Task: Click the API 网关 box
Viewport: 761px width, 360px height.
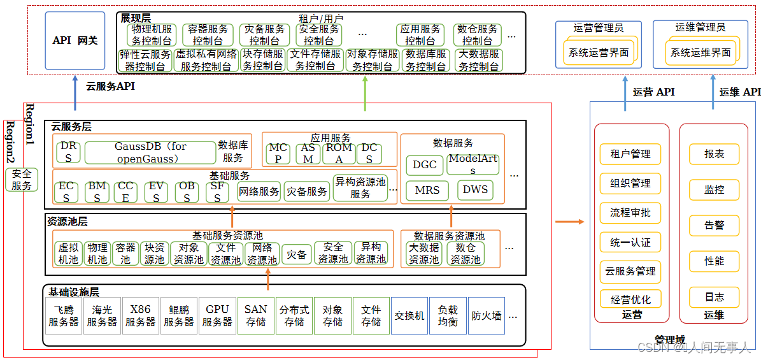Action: click(x=75, y=41)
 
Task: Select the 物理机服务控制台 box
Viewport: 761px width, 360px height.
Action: click(x=151, y=35)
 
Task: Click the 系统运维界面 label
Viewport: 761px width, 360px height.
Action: click(x=701, y=53)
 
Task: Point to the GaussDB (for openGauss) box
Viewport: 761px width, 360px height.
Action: click(x=150, y=152)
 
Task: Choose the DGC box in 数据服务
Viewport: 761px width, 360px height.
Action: click(x=425, y=164)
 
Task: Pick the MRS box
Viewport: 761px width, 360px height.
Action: click(x=427, y=191)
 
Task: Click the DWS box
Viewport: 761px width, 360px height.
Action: click(x=475, y=190)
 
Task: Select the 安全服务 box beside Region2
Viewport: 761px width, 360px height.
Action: click(x=22, y=180)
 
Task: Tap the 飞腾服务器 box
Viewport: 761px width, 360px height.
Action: click(x=64, y=316)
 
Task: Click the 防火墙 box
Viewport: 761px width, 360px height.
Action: click(x=486, y=316)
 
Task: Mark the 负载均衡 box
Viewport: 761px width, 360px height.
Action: click(x=448, y=316)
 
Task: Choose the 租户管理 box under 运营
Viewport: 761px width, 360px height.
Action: click(x=630, y=154)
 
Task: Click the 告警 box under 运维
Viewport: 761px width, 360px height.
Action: click(x=714, y=226)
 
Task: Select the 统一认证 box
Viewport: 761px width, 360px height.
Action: click(x=630, y=242)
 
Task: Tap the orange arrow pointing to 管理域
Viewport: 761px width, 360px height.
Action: click(x=569, y=222)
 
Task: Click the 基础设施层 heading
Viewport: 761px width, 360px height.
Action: click(x=74, y=292)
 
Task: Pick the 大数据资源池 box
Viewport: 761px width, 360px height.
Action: click(x=424, y=254)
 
